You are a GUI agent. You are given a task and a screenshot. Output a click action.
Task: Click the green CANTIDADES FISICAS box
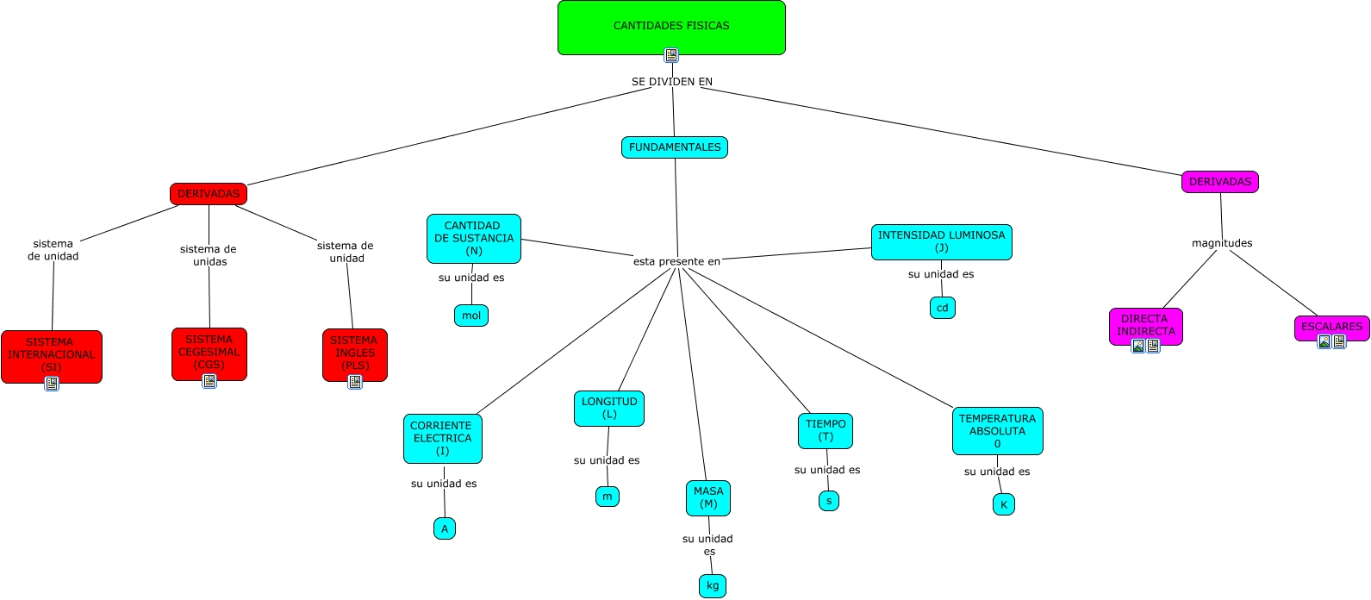pos(671,28)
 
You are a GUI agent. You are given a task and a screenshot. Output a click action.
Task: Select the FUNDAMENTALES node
pos(675,147)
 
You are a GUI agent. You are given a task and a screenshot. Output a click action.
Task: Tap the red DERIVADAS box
pos(209,194)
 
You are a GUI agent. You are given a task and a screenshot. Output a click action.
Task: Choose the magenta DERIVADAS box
pos(1220,182)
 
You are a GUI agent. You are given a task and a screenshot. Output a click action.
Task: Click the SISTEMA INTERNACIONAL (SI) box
pos(52,357)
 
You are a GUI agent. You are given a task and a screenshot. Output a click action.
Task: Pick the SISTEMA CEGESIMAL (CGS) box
pos(209,354)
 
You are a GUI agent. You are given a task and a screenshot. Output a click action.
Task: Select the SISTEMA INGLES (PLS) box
pos(355,355)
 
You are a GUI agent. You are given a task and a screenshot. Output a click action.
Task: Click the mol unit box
pos(471,316)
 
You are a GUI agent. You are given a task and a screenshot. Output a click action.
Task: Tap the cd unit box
pos(943,308)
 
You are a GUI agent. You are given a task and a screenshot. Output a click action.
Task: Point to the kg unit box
pos(713,586)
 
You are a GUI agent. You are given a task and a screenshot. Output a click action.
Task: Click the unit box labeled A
pos(445,528)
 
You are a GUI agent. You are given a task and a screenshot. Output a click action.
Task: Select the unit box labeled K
pos(1004,504)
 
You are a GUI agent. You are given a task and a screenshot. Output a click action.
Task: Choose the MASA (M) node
pos(708,498)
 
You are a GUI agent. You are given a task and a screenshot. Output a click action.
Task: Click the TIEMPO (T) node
pos(826,431)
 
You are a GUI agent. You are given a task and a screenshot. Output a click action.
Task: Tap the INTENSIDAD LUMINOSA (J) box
pos(941,242)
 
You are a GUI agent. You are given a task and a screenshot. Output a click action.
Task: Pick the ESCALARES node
pos(1332,328)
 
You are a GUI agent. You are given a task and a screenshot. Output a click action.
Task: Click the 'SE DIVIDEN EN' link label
pos(672,81)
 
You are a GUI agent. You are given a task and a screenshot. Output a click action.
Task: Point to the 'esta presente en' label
pos(676,261)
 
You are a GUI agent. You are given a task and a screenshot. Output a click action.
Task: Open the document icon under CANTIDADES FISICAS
pos(671,55)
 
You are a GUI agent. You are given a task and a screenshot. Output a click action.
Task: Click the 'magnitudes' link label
pos(1222,243)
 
